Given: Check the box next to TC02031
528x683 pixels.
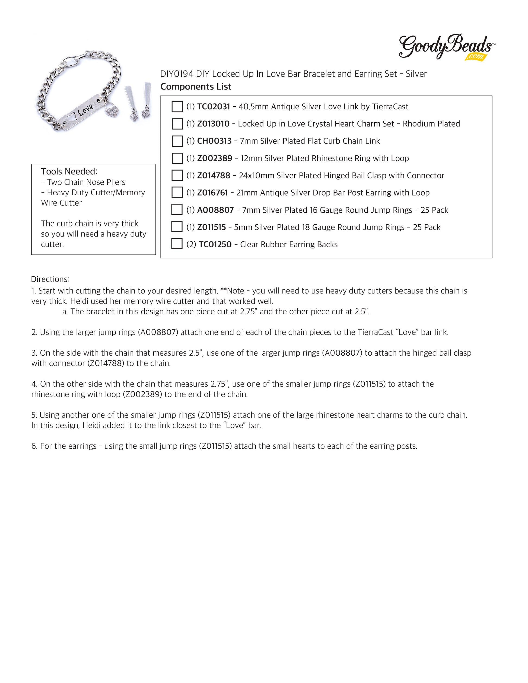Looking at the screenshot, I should point(177,107).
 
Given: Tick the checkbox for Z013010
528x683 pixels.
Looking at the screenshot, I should point(177,124).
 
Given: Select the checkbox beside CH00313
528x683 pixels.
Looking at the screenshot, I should point(177,141).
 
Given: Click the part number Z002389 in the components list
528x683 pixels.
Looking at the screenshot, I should point(214,158).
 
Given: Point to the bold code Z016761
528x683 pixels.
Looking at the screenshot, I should point(212,193).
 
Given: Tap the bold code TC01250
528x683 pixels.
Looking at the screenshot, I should point(215,244).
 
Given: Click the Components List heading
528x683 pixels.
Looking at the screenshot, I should point(196,87).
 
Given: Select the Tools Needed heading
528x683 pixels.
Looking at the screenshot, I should point(69,171).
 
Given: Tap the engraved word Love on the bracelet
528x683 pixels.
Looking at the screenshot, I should point(85,110).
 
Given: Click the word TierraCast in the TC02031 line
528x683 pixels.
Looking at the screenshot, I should point(390,107).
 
